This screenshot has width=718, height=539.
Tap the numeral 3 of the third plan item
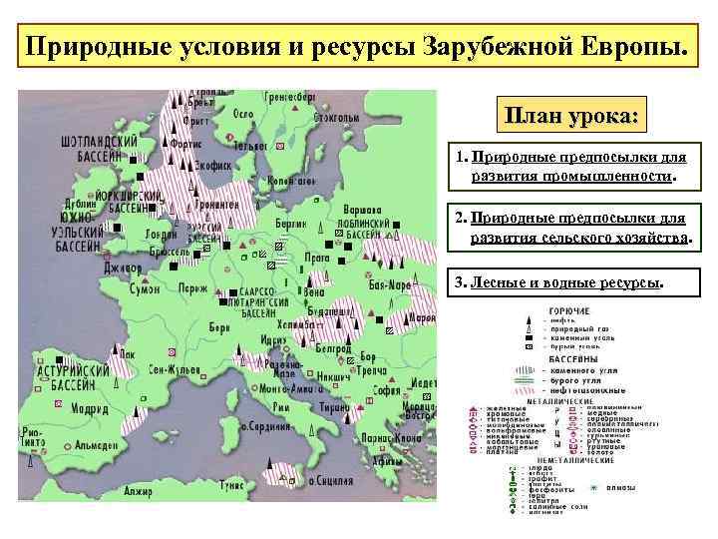[460, 282]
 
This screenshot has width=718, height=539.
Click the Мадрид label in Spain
[89, 408]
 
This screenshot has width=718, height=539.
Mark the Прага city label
[315, 257]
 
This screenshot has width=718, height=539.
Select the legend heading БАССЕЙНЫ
[572, 358]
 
